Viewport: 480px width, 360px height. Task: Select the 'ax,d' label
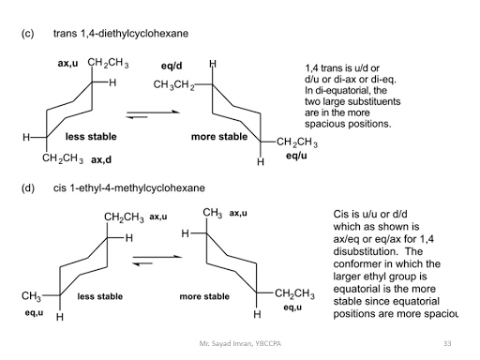(101, 159)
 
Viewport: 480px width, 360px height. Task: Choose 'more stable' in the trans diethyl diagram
(219, 137)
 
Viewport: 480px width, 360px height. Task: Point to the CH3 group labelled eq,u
(30, 296)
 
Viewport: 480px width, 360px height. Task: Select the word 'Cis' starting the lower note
(341, 214)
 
